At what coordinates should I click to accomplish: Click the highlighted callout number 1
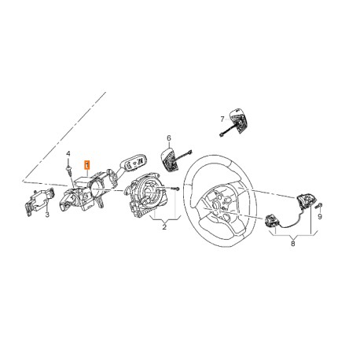click(86, 165)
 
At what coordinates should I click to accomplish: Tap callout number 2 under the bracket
click(164, 226)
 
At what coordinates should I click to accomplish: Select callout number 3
click(47, 215)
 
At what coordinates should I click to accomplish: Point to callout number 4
click(68, 153)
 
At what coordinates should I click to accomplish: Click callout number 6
click(169, 138)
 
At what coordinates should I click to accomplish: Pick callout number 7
click(222, 119)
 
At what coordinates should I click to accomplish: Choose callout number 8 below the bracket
click(293, 244)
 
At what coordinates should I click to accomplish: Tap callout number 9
click(320, 216)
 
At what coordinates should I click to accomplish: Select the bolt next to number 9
click(319, 206)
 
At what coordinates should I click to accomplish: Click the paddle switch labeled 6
click(169, 160)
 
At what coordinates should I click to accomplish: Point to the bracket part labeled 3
click(40, 201)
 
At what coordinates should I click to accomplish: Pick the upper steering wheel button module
click(303, 200)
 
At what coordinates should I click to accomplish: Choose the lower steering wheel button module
click(271, 221)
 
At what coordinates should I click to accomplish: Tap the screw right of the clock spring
click(176, 189)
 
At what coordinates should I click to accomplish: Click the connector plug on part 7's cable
click(222, 135)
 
